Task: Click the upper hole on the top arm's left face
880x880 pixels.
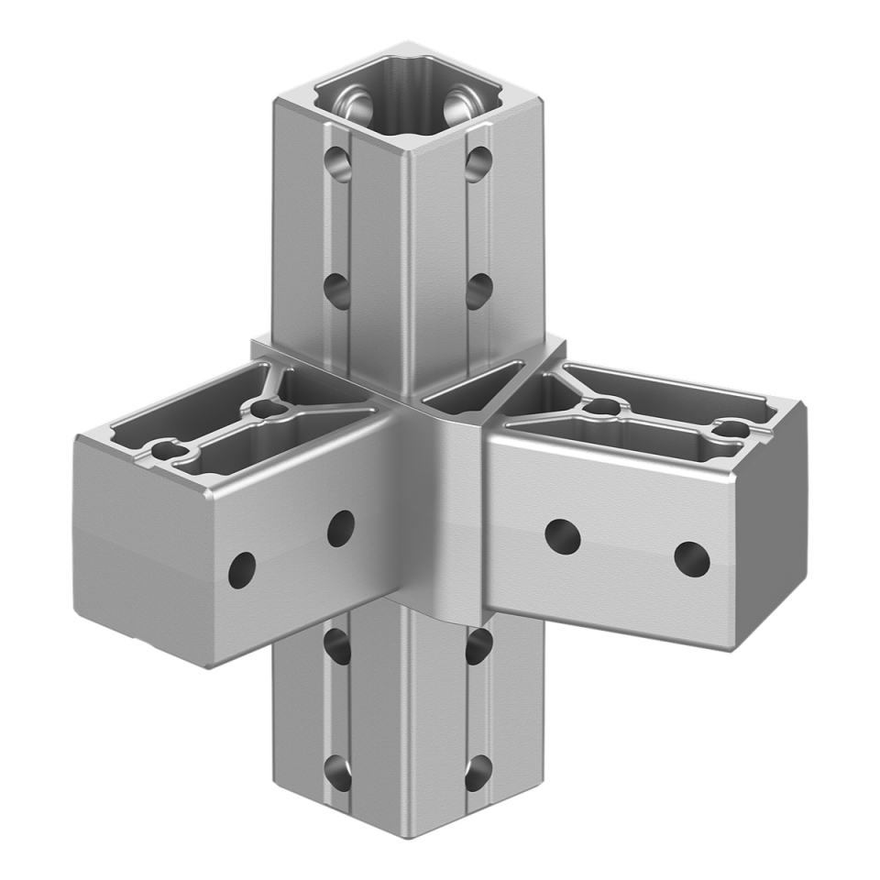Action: coord(338,162)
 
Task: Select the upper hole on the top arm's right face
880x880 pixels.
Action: coord(477,162)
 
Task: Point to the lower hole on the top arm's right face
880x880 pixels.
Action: coord(478,291)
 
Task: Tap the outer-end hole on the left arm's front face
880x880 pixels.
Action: coord(243,570)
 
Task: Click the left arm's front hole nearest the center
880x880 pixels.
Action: coord(340,527)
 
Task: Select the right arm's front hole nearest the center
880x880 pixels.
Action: coord(562,535)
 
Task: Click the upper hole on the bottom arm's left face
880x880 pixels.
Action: coord(337,644)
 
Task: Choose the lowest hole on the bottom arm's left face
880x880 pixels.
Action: coord(337,771)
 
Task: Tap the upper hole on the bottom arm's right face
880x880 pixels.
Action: coord(478,646)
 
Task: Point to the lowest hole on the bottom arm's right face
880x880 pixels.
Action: coord(478,773)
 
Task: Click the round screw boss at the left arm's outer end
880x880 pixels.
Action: coord(168,450)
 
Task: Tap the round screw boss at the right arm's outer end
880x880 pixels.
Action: coord(731,428)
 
